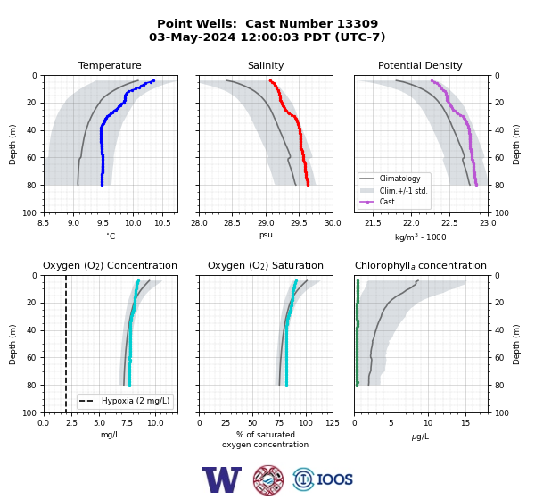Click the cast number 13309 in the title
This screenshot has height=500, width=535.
[x=358, y=24]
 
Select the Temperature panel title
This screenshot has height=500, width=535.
[x=110, y=65]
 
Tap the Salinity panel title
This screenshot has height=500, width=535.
[x=266, y=65]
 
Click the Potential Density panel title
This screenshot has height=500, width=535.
[x=420, y=65]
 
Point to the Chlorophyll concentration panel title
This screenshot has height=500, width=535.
[x=421, y=265]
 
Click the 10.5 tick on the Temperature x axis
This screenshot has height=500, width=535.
[x=163, y=223]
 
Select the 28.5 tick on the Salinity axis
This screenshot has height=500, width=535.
[x=232, y=223]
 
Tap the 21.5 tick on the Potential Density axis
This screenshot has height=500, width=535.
[x=373, y=223]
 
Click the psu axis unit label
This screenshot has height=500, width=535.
[x=266, y=235]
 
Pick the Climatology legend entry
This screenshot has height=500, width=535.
[x=399, y=179]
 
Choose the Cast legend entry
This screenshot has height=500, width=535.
[x=387, y=202]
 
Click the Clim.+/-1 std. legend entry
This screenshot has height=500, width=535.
[x=403, y=191]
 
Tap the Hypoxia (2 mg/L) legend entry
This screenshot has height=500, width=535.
[x=136, y=401]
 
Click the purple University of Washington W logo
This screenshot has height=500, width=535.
[x=222, y=479]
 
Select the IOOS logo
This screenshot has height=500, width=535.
[x=323, y=479]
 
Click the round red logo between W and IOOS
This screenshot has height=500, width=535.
[x=268, y=479]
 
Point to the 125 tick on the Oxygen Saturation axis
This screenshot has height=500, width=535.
[x=333, y=423]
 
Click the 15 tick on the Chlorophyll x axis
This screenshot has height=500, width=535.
[x=465, y=423]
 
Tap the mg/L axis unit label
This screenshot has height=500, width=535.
[x=110, y=435]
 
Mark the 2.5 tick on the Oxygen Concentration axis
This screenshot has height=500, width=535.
[x=71, y=423]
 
